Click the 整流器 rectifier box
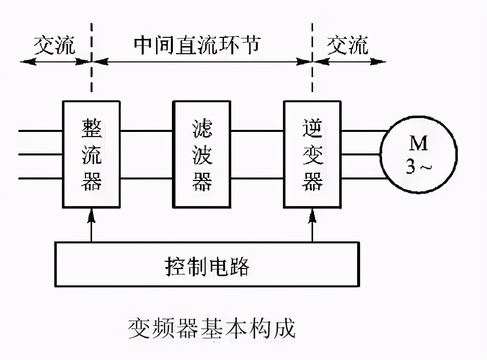coord(92,154)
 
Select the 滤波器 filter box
coord(202,154)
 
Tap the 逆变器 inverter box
coord(313,154)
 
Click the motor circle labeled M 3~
coord(418,154)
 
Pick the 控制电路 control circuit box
coord(207,264)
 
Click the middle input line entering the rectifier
coord(41,154)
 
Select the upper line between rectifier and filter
coord(146,131)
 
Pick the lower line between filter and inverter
coord(257,178)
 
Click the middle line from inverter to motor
coord(361,154)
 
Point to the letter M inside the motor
coord(418,144)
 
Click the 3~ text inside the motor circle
coord(417,167)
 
